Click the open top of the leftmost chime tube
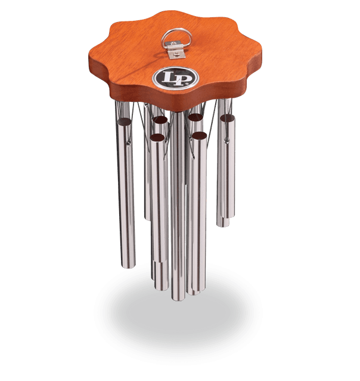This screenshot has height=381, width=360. (124, 121)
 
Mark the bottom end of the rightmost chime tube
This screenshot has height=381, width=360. (224, 223)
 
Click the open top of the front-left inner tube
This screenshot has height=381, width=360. (157, 138)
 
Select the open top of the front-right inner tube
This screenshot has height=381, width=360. (198, 136)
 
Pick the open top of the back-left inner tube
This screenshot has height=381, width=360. (160, 120)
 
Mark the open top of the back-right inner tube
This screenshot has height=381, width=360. (194, 118)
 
